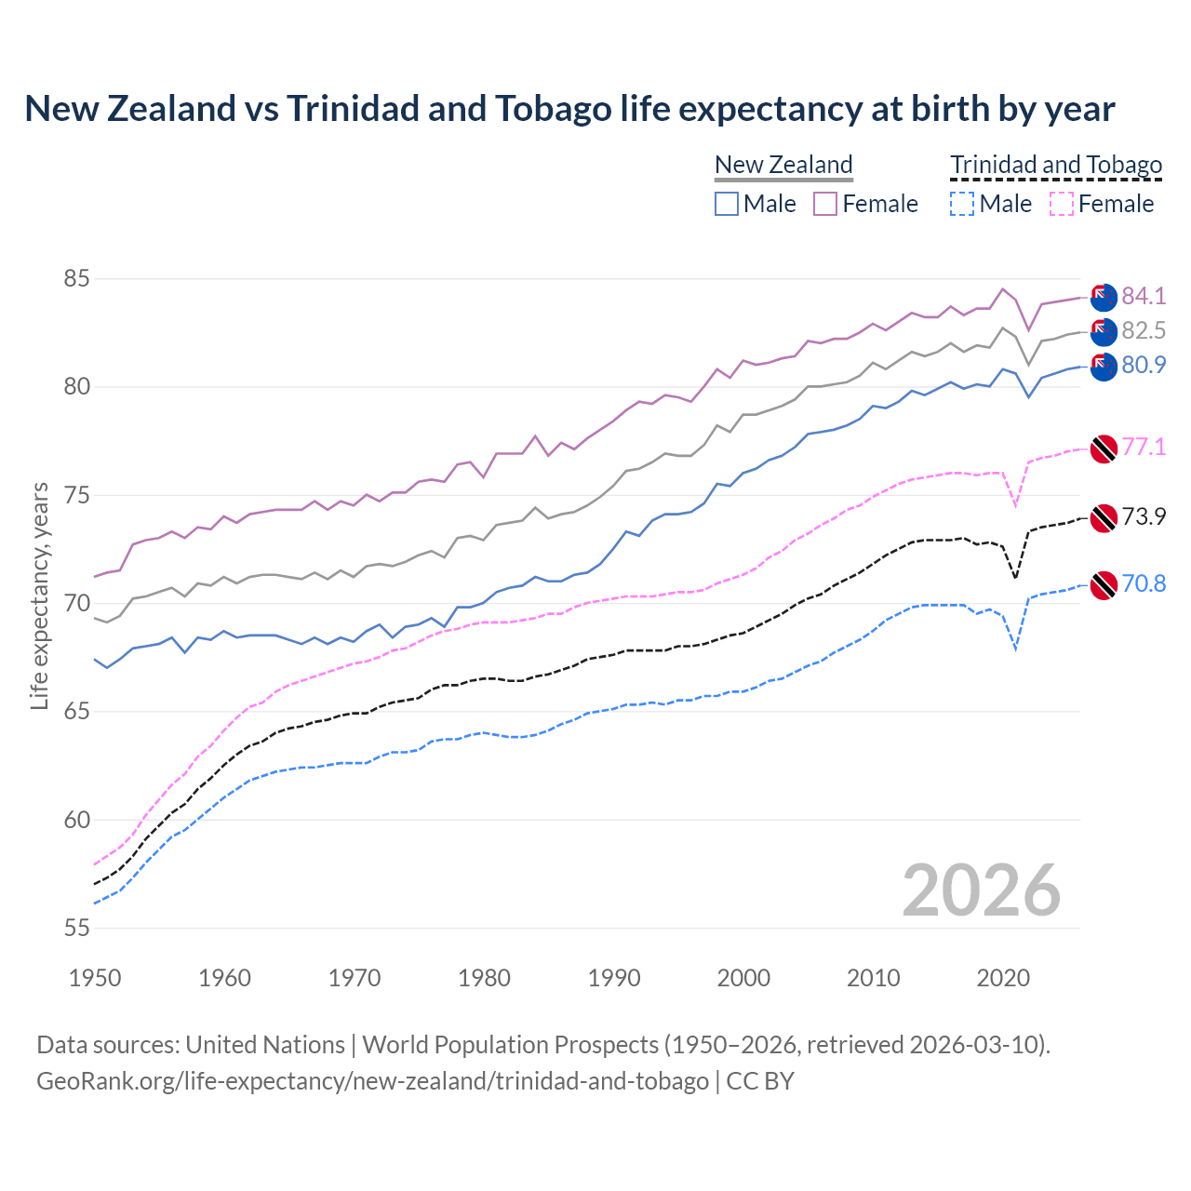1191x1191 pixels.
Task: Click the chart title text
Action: point(569,109)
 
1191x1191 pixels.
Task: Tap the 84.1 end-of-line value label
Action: point(1144,296)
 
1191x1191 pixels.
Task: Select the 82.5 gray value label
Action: point(1144,330)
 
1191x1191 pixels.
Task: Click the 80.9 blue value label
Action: point(1144,365)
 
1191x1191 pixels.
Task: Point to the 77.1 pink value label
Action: point(1144,447)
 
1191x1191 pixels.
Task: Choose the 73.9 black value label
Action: point(1144,516)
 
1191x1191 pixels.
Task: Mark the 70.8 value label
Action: point(1144,583)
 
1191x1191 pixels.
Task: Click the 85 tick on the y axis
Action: point(76,278)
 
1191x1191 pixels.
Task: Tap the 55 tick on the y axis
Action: point(76,928)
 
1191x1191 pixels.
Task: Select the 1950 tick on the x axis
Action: point(95,978)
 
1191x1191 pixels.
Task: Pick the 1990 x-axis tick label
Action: point(614,978)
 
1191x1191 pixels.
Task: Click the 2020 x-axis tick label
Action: point(1003,978)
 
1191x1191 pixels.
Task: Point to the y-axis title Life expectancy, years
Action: point(39,595)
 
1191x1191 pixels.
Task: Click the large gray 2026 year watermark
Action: point(982,890)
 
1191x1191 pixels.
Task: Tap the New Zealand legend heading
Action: point(783,165)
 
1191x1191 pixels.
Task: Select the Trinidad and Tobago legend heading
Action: point(1056,165)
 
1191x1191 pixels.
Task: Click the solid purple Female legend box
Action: point(825,204)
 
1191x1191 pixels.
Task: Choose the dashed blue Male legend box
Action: point(962,204)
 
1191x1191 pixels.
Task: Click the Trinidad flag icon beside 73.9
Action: point(1103,517)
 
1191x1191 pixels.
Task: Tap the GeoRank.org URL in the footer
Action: point(372,1081)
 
